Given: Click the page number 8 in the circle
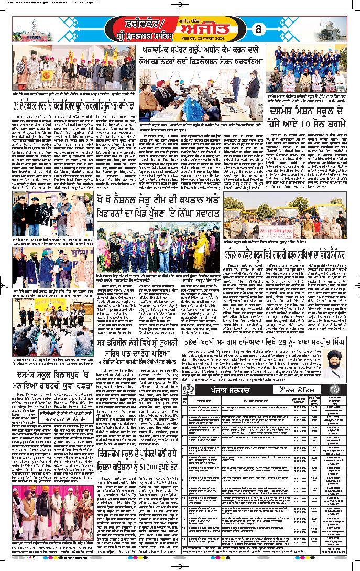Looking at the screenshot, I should tap(257, 29).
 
